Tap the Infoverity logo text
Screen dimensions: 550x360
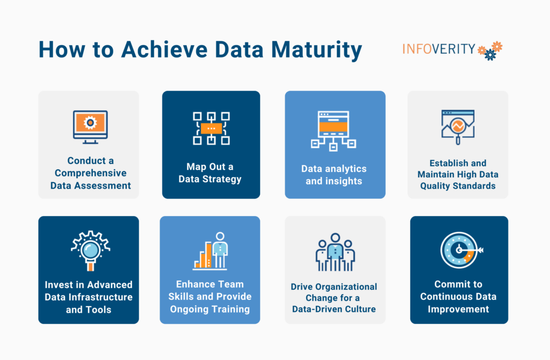pos(438,49)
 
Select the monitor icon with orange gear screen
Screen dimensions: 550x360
pos(90,127)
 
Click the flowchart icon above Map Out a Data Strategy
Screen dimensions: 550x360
pos(211,128)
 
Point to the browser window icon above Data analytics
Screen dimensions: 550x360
pos(334,131)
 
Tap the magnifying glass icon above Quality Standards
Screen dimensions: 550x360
pos(458,127)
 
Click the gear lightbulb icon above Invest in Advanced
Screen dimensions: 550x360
pos(90,250)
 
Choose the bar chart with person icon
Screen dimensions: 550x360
pos(211,251)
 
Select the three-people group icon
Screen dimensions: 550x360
pos(335,253)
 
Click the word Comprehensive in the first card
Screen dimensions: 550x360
pos(90,174)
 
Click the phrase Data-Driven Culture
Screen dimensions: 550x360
pos(334,309)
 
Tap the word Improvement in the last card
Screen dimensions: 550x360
pos(458,309)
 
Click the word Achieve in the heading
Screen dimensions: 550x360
pos(164,49)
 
